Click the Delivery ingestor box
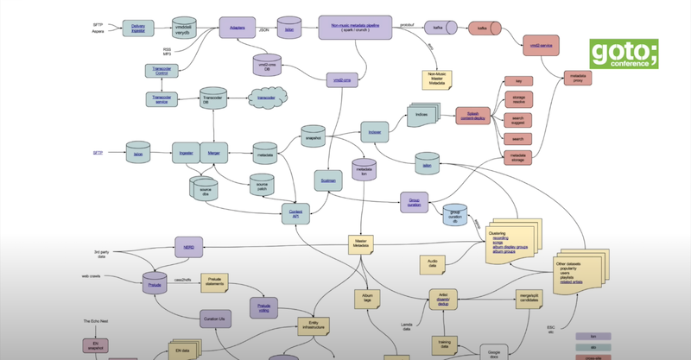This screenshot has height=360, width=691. point(138,29)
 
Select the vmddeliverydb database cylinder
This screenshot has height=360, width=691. point(183,28)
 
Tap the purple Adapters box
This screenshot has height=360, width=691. point(235,28)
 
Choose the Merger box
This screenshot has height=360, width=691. point(214,155)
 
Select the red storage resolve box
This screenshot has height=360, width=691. point(518,102)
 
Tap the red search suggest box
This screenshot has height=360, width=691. point(518,121)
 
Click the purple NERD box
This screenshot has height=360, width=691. point(188,248)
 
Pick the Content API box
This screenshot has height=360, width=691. point(295,212)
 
